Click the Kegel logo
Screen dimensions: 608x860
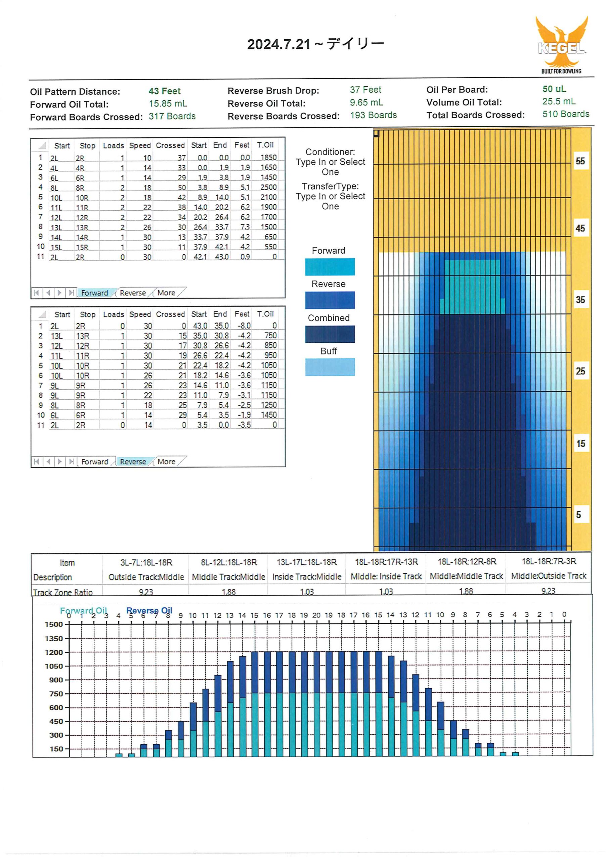pos(561,45)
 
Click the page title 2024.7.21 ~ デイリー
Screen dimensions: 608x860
pos(315,44)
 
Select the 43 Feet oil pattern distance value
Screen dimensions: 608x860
pos(165,91)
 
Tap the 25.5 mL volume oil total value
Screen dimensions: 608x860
pos(559,101)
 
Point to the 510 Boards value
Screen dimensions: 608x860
pos(566,114)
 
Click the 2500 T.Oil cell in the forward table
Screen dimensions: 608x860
pos(269,187)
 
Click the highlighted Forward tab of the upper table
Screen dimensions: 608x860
pos(94,293)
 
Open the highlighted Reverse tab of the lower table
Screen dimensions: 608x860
pos(133,462)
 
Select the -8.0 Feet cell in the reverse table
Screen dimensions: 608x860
pos(244,326)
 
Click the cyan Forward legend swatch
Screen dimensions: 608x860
pos(330,267)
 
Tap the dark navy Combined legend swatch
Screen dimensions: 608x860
pos(330,334)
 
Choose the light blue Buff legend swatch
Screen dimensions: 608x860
pos(330,367)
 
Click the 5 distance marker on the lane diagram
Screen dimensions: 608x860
pos(578,515)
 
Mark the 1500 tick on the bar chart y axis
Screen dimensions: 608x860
pos(53,625)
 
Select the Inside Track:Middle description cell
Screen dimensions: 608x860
pos(307,576)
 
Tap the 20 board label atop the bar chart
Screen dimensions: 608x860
pos(316,615)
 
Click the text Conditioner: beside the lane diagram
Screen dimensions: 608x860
pos(330,152)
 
